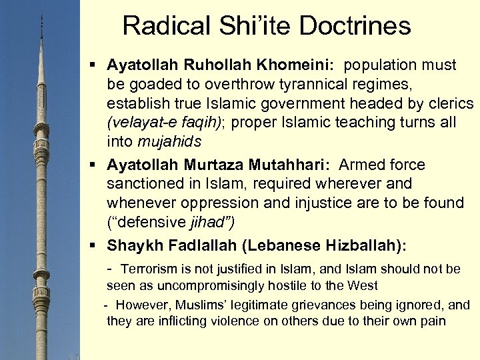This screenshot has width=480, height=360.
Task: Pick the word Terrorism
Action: [149, 269]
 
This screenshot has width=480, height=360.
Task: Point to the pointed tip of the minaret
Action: [42, 13]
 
